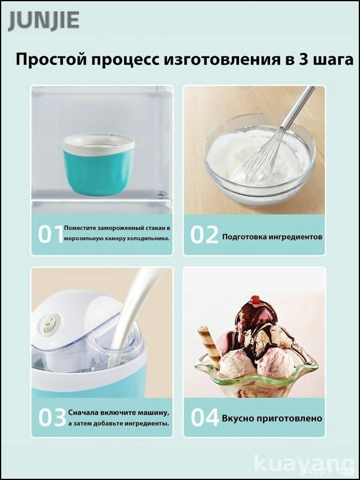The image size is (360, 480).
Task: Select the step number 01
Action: [x=50, y=235]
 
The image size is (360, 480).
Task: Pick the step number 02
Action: [x=204, y=235]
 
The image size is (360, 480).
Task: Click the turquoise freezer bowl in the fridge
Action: [x=98, y=161]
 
